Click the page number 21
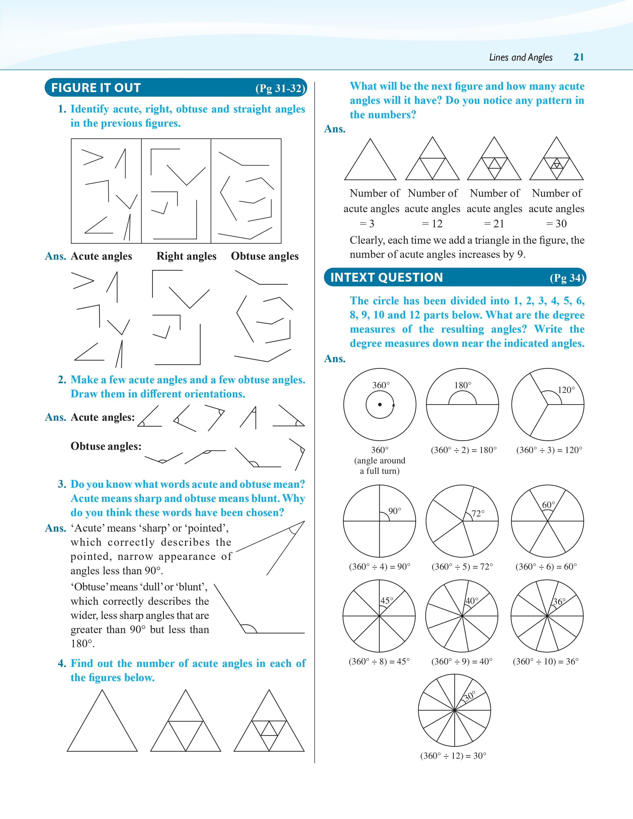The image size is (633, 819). pos(579,57)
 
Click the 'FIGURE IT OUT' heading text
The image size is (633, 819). pos(96,88)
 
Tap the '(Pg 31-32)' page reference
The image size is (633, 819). pos(281,89)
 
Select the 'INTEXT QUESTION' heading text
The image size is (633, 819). pos(387,277)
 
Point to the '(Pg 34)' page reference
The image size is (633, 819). pos(567,278)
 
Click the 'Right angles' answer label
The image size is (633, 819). pos(186,256)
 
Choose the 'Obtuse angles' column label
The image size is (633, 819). pos(265,256)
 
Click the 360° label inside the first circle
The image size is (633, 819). pos(381,385)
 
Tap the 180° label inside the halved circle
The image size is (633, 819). pos(463,385)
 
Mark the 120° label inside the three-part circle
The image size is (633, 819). pos(566,390)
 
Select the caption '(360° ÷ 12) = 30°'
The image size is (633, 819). pos(453,756)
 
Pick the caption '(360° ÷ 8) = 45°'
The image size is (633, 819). pos(379,661)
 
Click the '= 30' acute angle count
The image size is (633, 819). pos(557,224)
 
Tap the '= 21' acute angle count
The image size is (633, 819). pos(494,224)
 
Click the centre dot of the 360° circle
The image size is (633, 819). pos(380,405)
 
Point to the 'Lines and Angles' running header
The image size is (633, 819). pos(521,57)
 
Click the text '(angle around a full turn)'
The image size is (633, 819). pos(380,466)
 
